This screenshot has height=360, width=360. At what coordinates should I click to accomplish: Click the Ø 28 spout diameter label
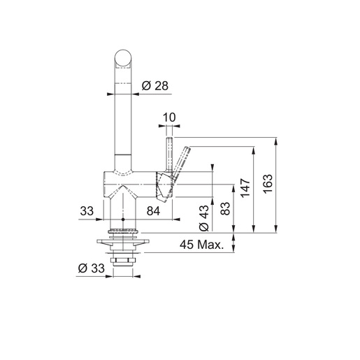[x=154, y=85]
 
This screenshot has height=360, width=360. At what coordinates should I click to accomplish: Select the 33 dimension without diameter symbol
[x=87, y=209]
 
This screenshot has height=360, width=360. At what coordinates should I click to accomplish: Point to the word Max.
[x=210, y=245]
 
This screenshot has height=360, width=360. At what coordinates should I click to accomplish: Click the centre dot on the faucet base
[x=123, y=229]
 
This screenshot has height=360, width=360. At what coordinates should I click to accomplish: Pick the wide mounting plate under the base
[x=123, y=241]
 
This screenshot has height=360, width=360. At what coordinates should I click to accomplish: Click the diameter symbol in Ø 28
[x=146, y=85]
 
